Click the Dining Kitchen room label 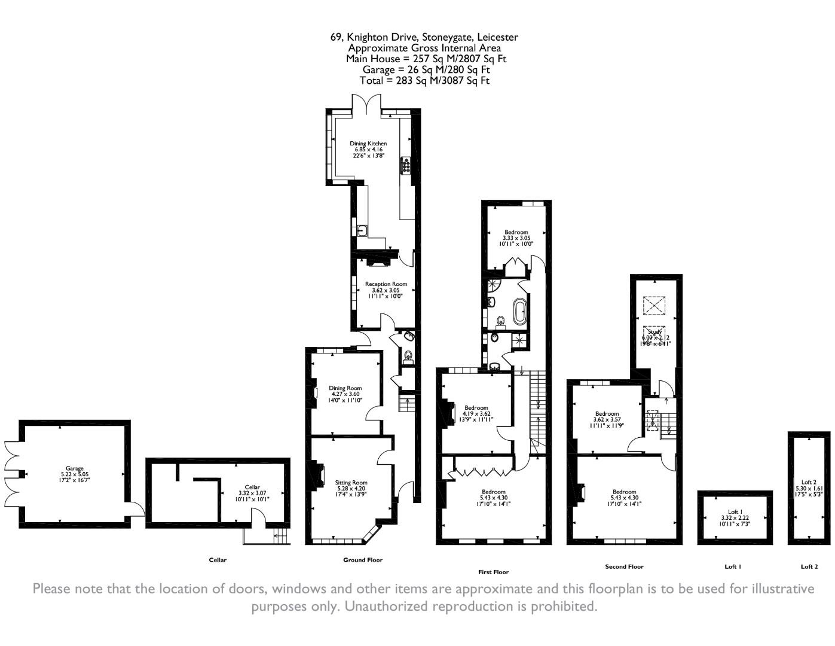(x=368, y=144)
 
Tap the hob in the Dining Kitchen (x=406, y=165)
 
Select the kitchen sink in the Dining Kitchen (x=362, y=230)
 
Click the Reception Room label (x=386, y=284)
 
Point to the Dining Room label (x=345, y=388)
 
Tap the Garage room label (x=75, y=468)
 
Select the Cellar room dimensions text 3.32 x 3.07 (x=252, y=493)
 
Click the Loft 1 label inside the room (x=732, y=512)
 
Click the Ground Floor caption (x=362, y=560)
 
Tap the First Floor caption (x=493, y=572)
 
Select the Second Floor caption (x=624, y=566)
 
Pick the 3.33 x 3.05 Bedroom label (x=516, y=232)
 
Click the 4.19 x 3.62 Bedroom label (x=476, y=408)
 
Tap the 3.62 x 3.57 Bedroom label (x=607, y=414)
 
